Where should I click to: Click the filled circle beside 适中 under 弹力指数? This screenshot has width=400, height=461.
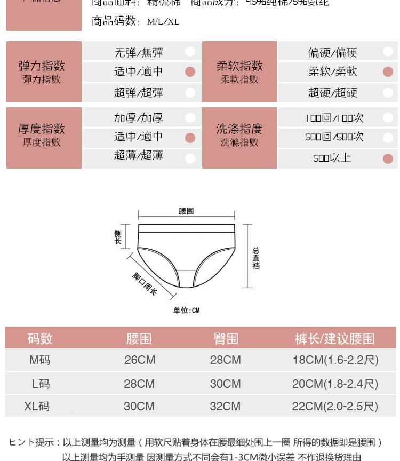point(190,72)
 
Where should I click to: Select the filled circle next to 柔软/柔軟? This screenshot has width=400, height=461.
point(388,72)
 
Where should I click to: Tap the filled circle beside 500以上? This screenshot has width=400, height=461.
point(388,158)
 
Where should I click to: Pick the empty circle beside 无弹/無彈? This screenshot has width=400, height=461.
point(190,52)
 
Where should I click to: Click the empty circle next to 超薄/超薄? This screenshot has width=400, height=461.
point(190,158)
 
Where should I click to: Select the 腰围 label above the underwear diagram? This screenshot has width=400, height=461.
point(186,211)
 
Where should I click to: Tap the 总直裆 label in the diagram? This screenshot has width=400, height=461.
point(256,258)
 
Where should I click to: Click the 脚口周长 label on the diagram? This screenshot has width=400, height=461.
point(145,284)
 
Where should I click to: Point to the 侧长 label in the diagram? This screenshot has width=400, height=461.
point(118,237)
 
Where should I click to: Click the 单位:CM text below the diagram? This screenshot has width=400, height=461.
point(186,311)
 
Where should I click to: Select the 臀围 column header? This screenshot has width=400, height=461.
point(226,339)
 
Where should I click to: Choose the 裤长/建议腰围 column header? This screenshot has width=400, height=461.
point(334,339)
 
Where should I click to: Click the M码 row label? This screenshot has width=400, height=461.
point(40,360)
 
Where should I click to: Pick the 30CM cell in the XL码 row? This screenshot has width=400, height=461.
point(139,407)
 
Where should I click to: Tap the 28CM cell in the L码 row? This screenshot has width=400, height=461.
point(139,384)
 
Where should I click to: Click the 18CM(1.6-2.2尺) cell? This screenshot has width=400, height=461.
point(335,360)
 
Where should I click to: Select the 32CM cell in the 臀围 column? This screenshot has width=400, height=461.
point(225,407)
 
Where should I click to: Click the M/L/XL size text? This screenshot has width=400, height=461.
point(163,22)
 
